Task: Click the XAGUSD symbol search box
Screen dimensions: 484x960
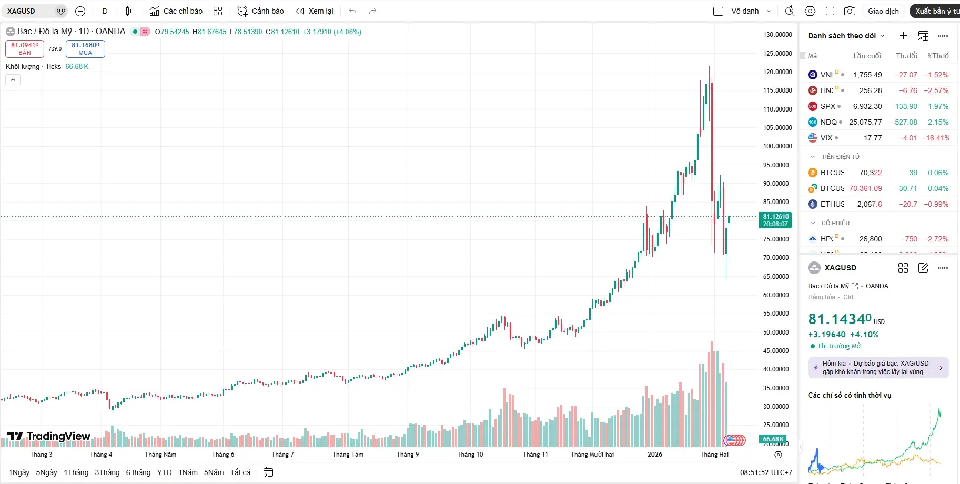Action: point(29,11)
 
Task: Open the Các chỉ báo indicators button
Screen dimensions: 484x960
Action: point(176,11)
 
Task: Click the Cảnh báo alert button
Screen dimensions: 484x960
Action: point(261,11)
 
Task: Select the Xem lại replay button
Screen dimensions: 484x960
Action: point(315,11)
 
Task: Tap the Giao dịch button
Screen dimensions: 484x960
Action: point(883,11)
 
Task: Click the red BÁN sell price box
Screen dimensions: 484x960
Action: point(25,48)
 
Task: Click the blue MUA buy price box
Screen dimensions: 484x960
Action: point(85,48)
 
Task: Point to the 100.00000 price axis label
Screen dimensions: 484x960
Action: point(777,146)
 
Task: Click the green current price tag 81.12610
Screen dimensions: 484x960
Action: point(775,220)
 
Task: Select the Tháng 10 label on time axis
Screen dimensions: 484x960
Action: point(470,455)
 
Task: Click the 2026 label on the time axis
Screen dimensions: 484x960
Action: point(654,455)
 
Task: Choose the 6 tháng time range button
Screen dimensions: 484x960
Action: point(138,472)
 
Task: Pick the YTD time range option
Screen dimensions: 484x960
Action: point(164,472)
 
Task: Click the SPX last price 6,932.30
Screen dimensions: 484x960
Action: point(867,106)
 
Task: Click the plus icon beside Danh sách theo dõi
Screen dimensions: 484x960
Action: point(903,36)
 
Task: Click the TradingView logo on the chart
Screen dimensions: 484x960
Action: point(49,436)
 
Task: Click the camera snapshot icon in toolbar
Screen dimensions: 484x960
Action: point(850,11)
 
